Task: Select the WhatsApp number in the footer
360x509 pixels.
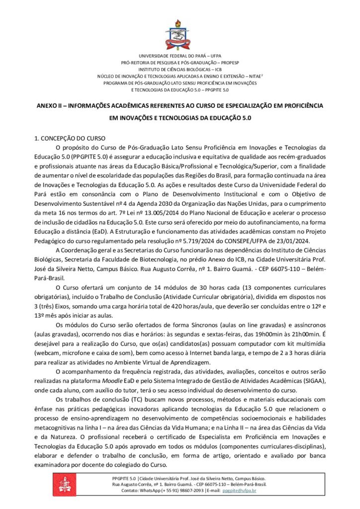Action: coord(179,491)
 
